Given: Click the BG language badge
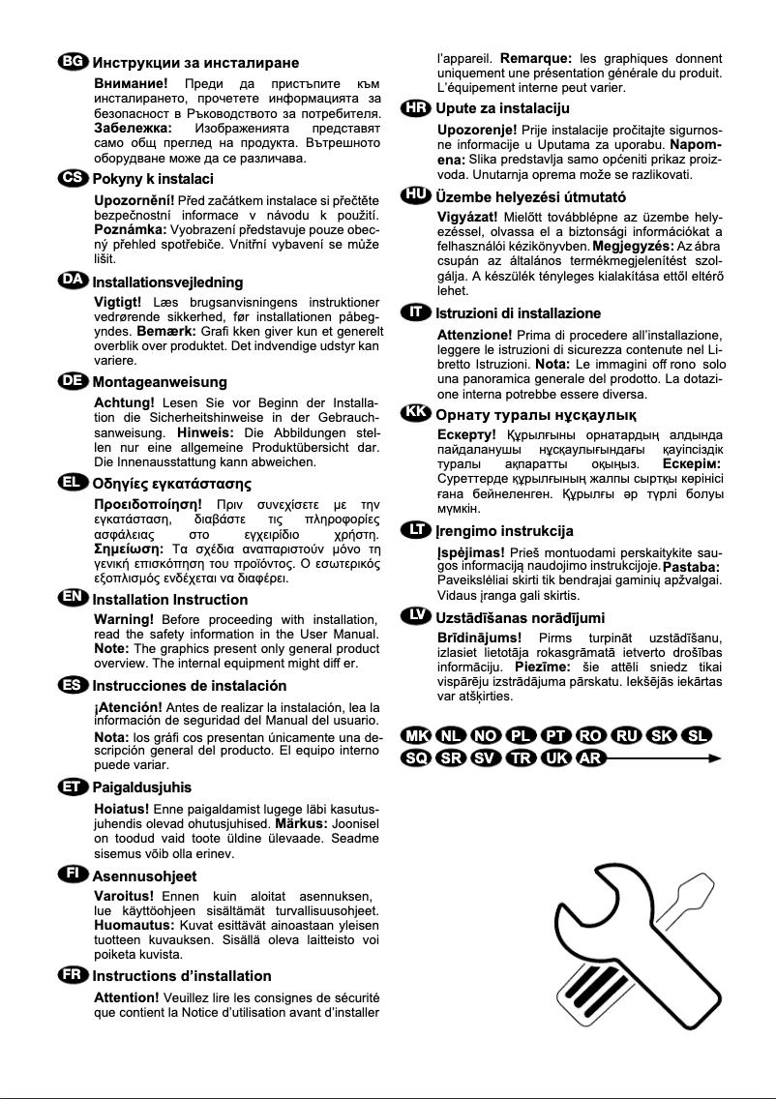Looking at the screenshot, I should point(72,63).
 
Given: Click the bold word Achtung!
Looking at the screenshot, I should point(124,402).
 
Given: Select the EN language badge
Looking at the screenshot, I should point(72,599).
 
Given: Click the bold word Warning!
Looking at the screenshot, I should point(124,619).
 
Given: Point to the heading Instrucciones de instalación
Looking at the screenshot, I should point(190,685).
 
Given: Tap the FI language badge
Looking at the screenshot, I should point(72,875).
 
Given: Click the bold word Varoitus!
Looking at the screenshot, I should point(124,895).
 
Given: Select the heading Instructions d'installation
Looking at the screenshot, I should point(181,975).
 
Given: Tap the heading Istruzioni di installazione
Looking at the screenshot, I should point(518,313).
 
